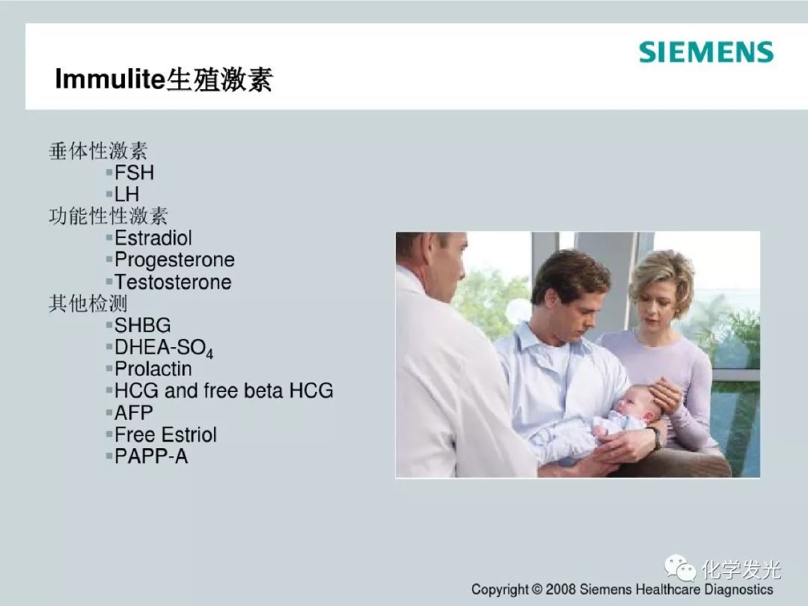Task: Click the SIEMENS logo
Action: [x=706, y=52]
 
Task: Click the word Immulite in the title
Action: [x=110, y=79]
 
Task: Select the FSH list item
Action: [x=134, y=173]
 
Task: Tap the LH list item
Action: [x=126, y=195]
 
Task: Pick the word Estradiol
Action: [x=153, y=238]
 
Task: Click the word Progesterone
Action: [x=174, y=260]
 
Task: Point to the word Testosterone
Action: [x=173, y=282]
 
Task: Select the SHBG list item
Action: [x=142, y=325]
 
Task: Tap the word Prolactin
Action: [x=153, y=369]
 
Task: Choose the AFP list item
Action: [x=133, y=413]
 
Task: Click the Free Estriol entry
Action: [x=165, y=435]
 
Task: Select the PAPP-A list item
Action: [x=151, y=456]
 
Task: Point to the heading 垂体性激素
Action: [x=98, y=151]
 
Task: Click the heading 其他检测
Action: [x=88, y=304]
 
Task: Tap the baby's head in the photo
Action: [x=639, y=403]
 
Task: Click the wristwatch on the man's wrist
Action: [x=655, y=438]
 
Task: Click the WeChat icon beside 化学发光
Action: [x=680, y=568]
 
